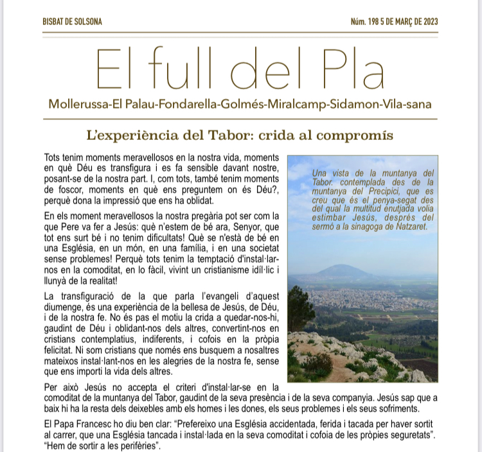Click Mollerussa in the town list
point(80,104)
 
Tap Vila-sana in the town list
point(409,104)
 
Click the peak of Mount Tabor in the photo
point(345,266)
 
